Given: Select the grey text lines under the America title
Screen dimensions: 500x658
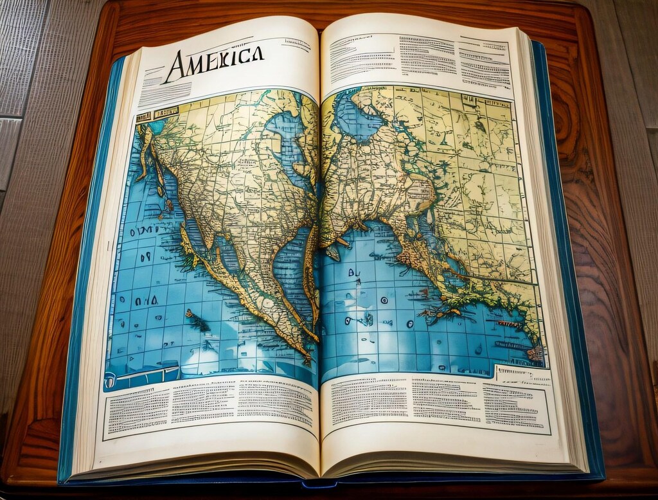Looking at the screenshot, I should point(165,93).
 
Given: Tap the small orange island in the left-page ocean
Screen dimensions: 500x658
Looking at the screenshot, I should point(189,314).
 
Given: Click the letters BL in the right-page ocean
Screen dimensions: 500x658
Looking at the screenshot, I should point(355,272).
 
